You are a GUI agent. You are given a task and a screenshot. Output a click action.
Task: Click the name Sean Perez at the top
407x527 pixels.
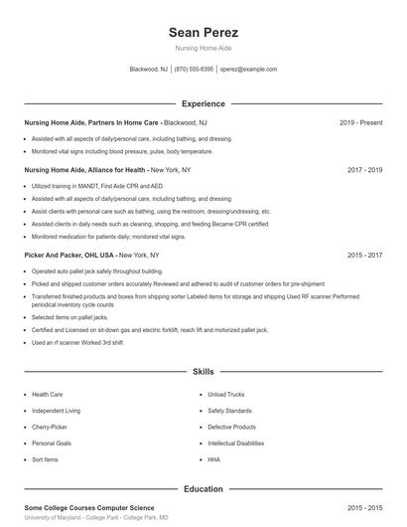[x=203, y=32]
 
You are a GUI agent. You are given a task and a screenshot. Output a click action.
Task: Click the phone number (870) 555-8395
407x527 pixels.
[x=194, y=70]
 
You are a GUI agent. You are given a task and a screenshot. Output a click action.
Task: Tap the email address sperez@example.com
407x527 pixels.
[x=248, y=70]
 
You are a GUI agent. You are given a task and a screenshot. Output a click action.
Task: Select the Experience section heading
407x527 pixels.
[x=203, y=103]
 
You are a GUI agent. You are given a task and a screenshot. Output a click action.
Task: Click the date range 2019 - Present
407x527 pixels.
[x=360, y=122]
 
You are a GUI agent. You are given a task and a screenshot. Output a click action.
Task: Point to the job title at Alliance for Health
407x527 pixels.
[x=85, y=170]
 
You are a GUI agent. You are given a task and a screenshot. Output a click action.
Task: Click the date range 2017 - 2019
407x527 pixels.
[x=364, y=170]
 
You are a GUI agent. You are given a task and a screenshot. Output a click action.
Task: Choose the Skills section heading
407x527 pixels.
[x=203, y=372]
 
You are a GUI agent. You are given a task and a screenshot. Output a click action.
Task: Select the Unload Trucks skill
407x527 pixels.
[x=226, y=394]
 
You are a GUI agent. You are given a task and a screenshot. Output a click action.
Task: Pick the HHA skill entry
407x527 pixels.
[x=213, y=459]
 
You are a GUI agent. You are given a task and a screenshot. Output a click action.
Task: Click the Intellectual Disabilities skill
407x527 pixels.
[x=235, y=442]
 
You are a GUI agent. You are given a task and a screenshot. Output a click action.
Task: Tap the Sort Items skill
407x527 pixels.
[x=45, y=459]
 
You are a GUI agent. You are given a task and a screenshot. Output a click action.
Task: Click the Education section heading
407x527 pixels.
[x=203, y=489]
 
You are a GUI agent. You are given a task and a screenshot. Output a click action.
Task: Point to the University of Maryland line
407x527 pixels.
[x=95, y=518]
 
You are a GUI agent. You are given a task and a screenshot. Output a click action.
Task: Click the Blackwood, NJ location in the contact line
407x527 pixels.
[x=150, y=70]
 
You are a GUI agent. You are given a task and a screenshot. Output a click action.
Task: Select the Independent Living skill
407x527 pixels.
[x=56, y=410]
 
